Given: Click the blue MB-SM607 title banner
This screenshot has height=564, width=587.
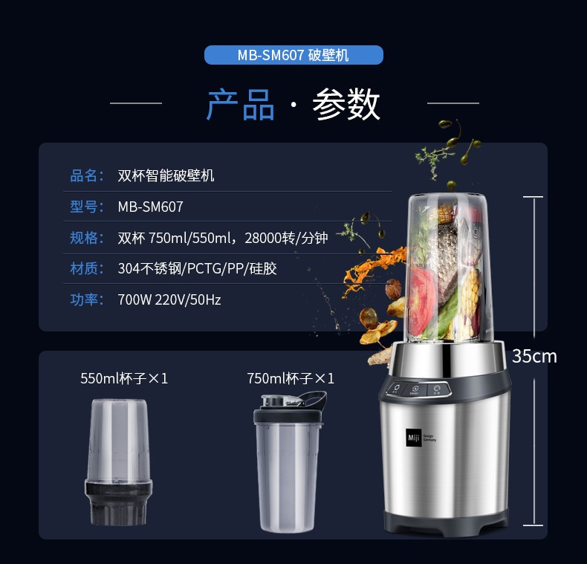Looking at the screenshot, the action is [x=293, y=55].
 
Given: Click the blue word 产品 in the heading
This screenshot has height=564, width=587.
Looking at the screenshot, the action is [x=240, y=105].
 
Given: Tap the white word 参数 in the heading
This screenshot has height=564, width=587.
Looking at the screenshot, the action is [x=346, y=105].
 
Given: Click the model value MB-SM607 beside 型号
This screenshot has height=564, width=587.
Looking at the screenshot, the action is [x=151, y=207].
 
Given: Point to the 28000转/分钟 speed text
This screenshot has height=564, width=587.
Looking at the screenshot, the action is [x=286, y=238].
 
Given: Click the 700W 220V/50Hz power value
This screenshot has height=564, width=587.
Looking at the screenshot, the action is [x=169, y=299].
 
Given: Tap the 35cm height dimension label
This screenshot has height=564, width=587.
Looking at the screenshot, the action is [x=534, y=356].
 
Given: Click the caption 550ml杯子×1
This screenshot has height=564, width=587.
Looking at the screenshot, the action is [x=124, y=378].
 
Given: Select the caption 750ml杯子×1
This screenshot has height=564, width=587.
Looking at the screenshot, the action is [x=291, y=378].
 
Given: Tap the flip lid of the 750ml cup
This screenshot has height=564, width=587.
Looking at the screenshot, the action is [x=313, y=399].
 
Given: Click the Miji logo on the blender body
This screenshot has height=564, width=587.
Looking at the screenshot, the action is [x=414, y=438].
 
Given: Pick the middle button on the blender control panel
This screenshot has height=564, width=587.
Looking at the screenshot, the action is [x=415, y=389].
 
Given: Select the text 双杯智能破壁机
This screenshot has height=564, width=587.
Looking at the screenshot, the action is [x=166, y=175].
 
